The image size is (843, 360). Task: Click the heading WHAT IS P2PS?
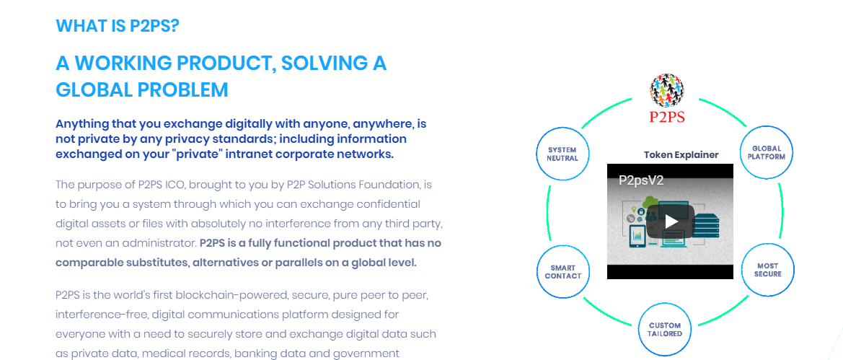118,26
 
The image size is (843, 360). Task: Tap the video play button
670,221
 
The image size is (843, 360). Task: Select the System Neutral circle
562,154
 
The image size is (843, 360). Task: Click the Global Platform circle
768,153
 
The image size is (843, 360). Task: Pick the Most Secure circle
768,270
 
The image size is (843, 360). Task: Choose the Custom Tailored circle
664,329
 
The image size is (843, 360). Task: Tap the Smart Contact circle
563,272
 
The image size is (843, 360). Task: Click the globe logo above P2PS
666,90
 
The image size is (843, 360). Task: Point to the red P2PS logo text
666,117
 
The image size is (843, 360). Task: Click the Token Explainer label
681,155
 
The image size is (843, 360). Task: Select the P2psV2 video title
641,180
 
